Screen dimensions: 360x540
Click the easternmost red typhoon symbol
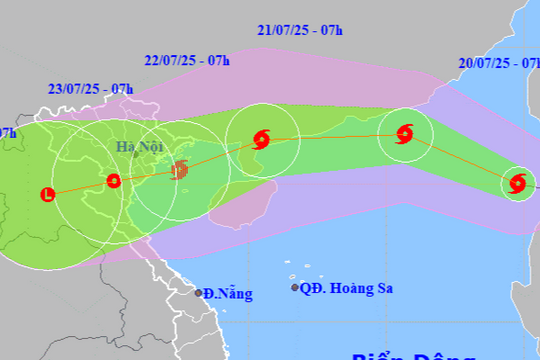pyautogui.click(x=517, y=183)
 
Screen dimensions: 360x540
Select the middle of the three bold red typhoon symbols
pyautogui.click(x=405, y=132)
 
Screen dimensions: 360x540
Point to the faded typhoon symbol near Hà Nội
pyautogui.click(x=180, y=171)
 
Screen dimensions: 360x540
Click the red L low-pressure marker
pyautogui.click(x=47, y=194)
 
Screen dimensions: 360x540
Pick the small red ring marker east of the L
pyautogui.click(x=113, y=181)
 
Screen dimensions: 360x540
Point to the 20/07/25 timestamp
pyautogui.click(x=495, y=62)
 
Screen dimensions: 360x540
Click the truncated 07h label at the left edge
pyautogui.click(x=7, y=132)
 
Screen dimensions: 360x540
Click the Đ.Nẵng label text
pyautogui.click(x=227, y=294)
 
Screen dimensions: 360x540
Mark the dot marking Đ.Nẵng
pyautogui.click(x=198, y=293)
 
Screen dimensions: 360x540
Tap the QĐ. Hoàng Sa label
pyautogui.click(x=347, y=288)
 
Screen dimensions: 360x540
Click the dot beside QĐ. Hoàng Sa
pyautogui.click(x=295, y=288)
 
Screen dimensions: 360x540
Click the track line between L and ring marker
pyautogui.click(x=80, y=188)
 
